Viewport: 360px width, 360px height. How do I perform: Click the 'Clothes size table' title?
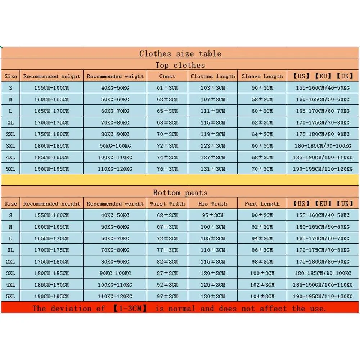coord(180,54)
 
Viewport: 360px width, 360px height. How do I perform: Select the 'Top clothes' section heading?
coord(180,65)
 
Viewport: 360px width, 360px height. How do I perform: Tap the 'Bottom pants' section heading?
coord(180,193)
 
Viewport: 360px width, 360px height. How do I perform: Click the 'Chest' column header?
coord(167,76)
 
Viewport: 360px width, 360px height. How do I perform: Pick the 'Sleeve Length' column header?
coord(262,76)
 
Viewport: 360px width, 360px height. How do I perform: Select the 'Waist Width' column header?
coord(167,204)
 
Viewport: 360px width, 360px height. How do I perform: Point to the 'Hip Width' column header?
coord(212,204)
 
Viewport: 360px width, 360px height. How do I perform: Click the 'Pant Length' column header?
coord(262,204)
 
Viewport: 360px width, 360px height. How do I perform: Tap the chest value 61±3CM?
coord(167,88)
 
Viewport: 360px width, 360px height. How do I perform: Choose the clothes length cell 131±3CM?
coord(212,169)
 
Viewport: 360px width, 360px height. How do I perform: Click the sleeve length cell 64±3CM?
coord(262,134)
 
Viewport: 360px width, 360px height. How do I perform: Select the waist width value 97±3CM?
coord(167,296)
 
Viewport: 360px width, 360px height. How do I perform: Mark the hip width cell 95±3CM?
coord(212,215)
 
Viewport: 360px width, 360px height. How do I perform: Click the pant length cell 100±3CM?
coord(262,273)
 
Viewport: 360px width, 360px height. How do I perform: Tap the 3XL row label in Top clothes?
coord(11,146)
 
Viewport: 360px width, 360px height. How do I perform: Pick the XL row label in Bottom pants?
coord(11,250)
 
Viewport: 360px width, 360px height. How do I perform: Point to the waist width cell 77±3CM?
coord(167,250)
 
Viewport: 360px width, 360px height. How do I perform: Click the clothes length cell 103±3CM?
coord(212,88)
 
